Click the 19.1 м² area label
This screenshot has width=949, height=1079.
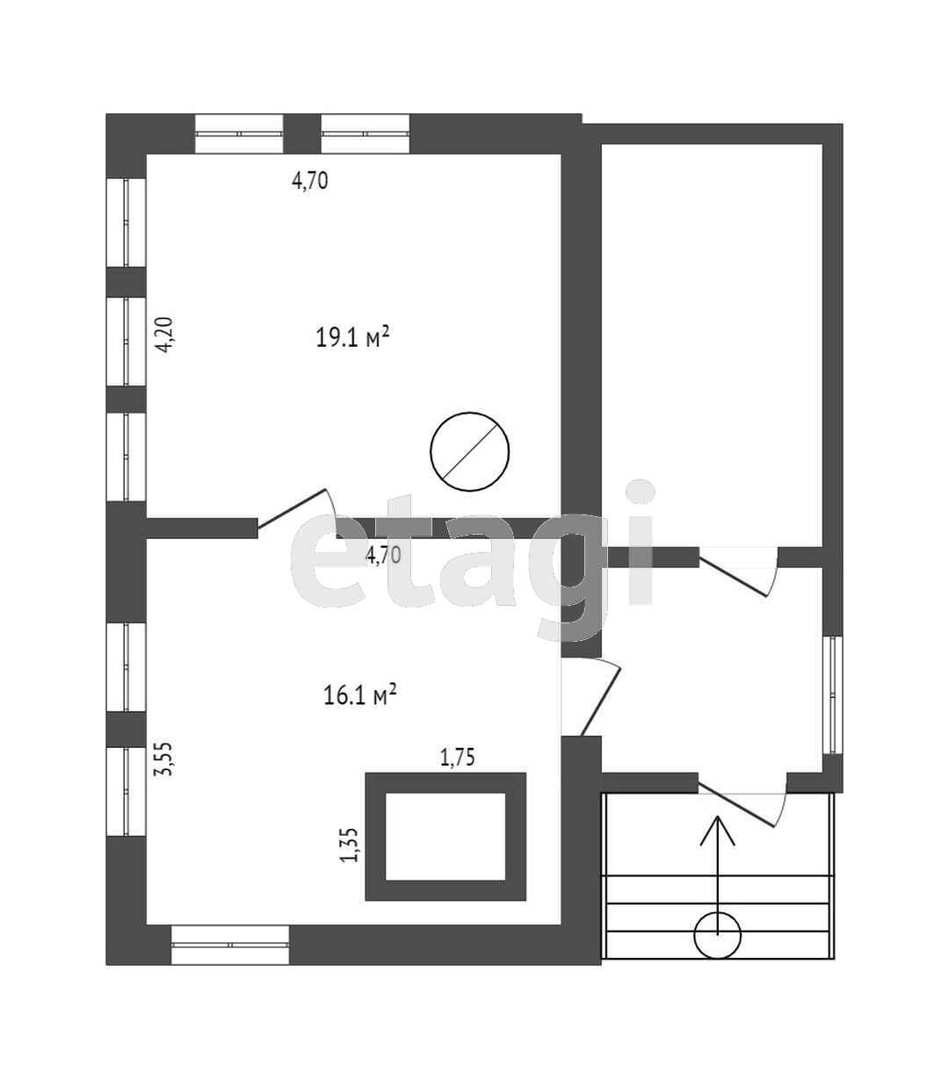tap(352, 337)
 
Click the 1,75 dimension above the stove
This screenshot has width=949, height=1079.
tap(457, 757)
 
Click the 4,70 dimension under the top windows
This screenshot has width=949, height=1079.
tap(309, 182)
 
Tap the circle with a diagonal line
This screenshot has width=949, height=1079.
tap(470, 452)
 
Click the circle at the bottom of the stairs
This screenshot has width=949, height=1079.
tap(718, 935)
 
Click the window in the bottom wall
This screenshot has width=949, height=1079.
tap(230, 945)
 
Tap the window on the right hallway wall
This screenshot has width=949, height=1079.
tap(833, 694)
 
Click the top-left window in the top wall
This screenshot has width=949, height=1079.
tap(239, 133)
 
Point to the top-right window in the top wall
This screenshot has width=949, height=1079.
tap(366, 133)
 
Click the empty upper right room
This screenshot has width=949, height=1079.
tap(711, 342)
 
